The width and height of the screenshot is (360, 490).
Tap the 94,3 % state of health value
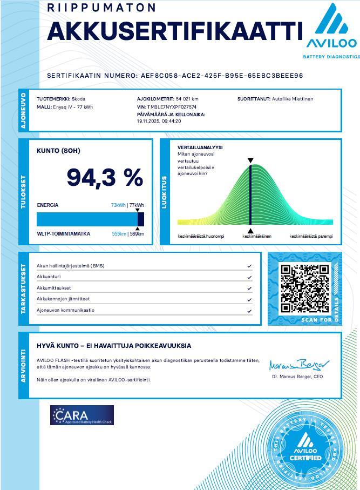click(x=105, y=178)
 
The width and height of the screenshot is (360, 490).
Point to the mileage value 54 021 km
click(x=187, y=99)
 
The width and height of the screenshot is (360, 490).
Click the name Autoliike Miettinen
click(x=292, y=99)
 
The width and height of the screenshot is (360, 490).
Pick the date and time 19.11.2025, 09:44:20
click(x=159, y=121)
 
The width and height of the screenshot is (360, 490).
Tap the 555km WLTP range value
click(x=119, y=234)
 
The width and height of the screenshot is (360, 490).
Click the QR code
click(x=305, y=289)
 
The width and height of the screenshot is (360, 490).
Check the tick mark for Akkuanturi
click(x=249, y=277)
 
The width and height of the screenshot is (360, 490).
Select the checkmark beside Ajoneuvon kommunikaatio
click(x=249, y=311)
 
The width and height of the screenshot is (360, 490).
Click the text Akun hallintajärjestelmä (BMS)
click(x=70, y=266)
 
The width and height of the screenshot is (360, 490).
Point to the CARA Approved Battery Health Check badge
click(x=82, y=415)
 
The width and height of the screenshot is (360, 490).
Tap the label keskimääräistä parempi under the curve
click(x=311, y=236)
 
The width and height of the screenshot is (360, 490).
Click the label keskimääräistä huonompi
click(x=201, y=236)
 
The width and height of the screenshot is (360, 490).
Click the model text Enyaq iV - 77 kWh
click(x=72, y=107)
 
